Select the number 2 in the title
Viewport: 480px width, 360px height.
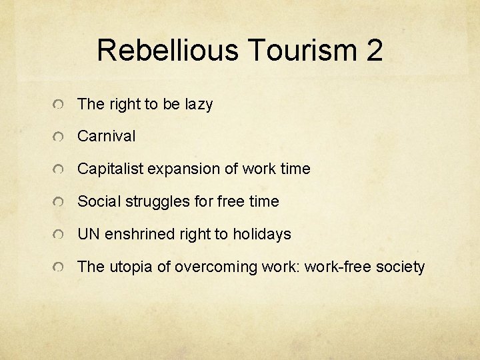(374, 51)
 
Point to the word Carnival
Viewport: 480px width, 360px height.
(106, 137)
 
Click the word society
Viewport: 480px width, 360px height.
(400, 267)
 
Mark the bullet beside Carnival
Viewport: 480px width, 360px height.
(60, 138)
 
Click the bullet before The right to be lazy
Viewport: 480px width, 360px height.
(60, 105)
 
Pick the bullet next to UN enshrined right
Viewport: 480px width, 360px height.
(60, 235)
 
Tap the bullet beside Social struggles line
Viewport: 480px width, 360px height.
(60, 203)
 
